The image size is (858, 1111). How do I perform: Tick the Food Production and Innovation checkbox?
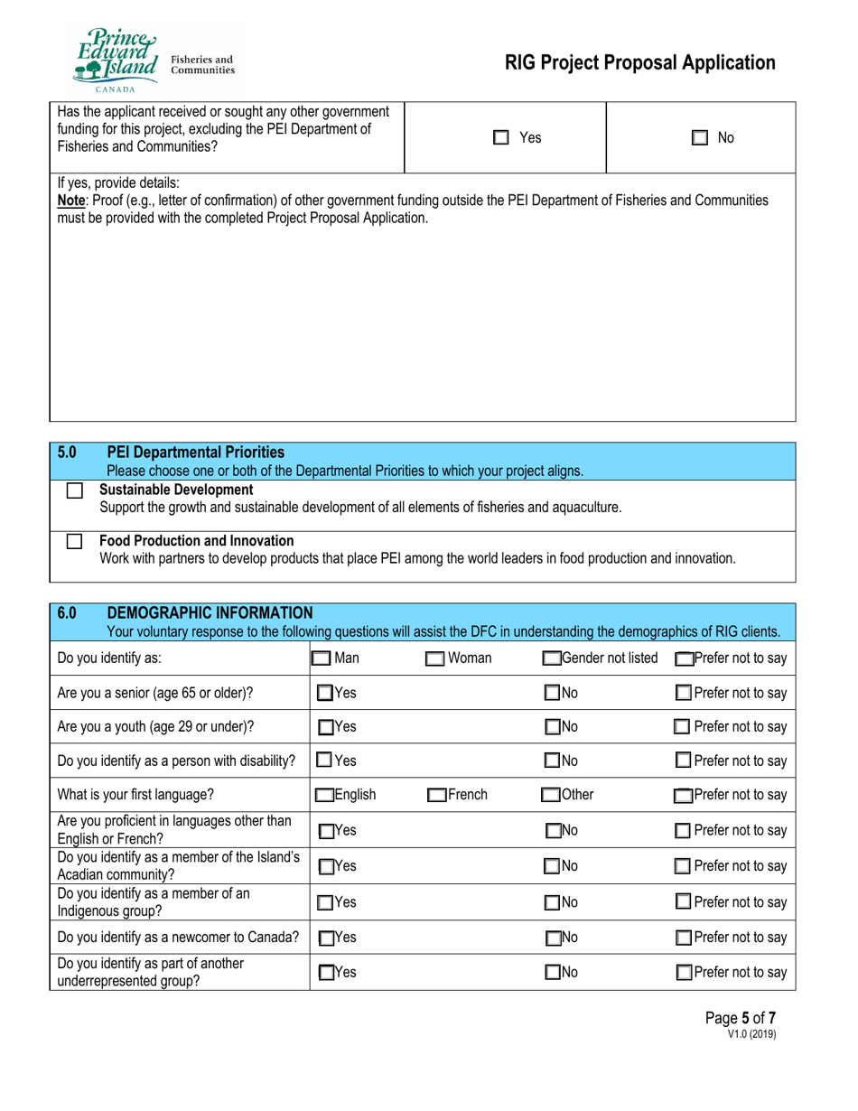tap(75, 543)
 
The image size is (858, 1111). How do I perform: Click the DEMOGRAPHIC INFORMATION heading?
tap(210, 613)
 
